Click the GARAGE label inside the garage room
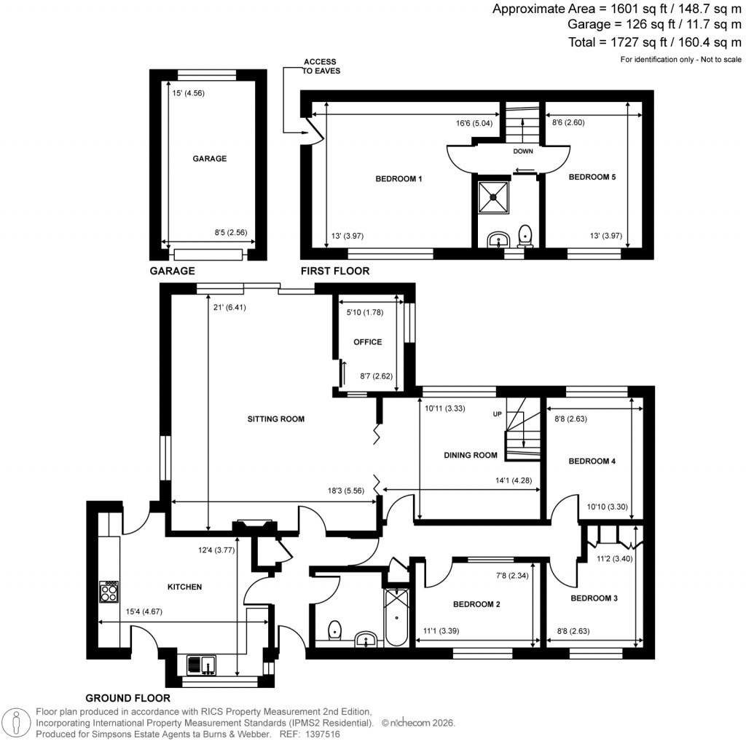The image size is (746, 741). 209,159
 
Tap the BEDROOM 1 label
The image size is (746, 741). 398,179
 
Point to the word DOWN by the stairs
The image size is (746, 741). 523,152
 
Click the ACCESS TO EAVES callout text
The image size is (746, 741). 321,66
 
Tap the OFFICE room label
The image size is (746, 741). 367,342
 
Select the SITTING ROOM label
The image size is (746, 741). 275,419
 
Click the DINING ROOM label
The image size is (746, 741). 471,456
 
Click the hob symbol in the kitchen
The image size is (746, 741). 109,591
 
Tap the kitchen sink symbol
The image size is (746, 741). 201,664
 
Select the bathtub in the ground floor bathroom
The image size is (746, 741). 396,617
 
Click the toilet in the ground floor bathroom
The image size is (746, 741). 335,629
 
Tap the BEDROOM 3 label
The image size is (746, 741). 594,598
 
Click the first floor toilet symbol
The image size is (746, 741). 525,236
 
